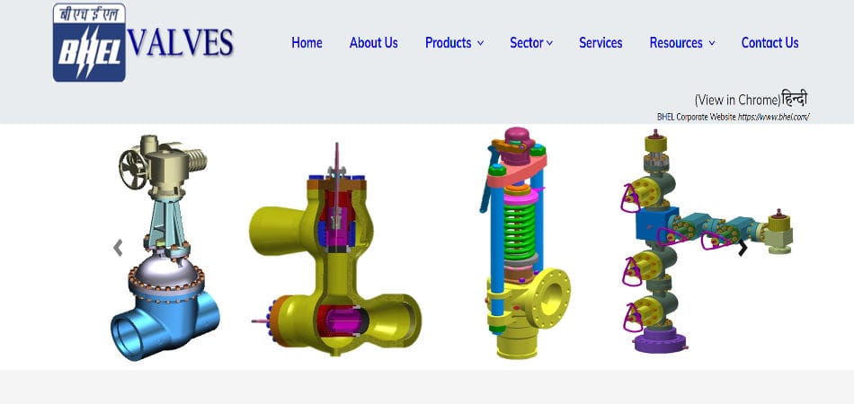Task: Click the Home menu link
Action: pyautogui.click(x=307, y=42)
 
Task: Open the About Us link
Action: pyautogui.click(x=373, y=42)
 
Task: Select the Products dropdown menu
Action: pyautogui.click(x=454, y=42)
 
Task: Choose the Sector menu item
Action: pyautogui.click(x=530, y=42)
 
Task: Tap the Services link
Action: pyautogui.click(x=600, y=42)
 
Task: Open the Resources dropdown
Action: pyautogui.click(x=681, y=42)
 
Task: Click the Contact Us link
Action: pyautogui.click(x=769, y=42)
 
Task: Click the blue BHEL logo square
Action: pyautogui.click(x=88, y=43)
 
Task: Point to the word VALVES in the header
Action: pyautogui.click(x=181, y=42)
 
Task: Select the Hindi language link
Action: pyautogui.click(x=795, y=99)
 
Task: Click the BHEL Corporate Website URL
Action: pyautogui.click(x=774, y=117)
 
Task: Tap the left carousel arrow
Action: pyautogui.click(x=118, y=248)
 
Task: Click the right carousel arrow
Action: pyautogui.click(x=743, y=248)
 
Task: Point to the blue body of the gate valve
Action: pyautogui.click(x=166, y=319)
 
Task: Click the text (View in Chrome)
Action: pyautogui.click(x=736, y=100)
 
